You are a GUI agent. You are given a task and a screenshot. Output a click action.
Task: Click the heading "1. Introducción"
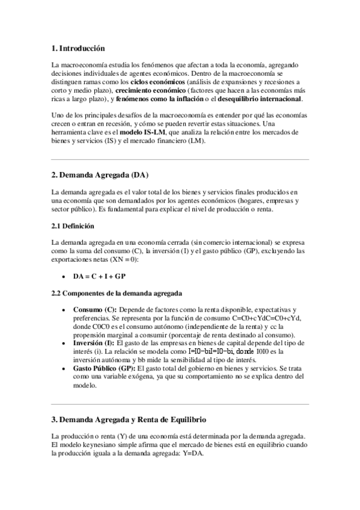click(78, 48)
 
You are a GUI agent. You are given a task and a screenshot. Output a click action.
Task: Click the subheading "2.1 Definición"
click(73, 226)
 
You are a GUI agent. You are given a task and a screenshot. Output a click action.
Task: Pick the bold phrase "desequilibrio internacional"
click(260, 99)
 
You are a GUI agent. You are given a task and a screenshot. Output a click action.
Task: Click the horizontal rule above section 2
click(180, 159)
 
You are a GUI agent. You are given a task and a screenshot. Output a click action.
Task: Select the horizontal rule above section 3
click(180, 404)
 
